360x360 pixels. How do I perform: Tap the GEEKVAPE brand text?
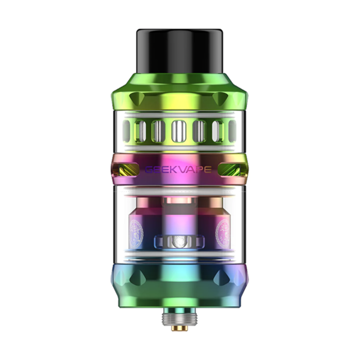tap(179, 169)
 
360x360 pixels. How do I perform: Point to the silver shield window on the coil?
tap(179, 243)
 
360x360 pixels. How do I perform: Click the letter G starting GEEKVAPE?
tap(150, 169)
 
